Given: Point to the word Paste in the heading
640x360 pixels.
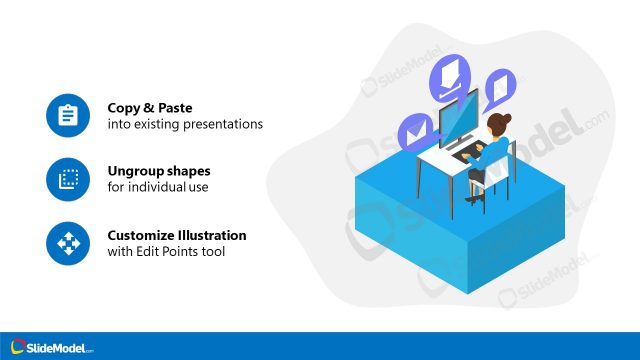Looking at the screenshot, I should coord(172,108).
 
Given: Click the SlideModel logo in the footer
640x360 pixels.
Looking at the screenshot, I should coord(49,346).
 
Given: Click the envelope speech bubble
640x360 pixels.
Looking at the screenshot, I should coord(413,129).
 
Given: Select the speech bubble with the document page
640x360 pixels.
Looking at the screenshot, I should coord(499,88).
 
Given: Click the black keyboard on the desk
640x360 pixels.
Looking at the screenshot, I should coord(466,154).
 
